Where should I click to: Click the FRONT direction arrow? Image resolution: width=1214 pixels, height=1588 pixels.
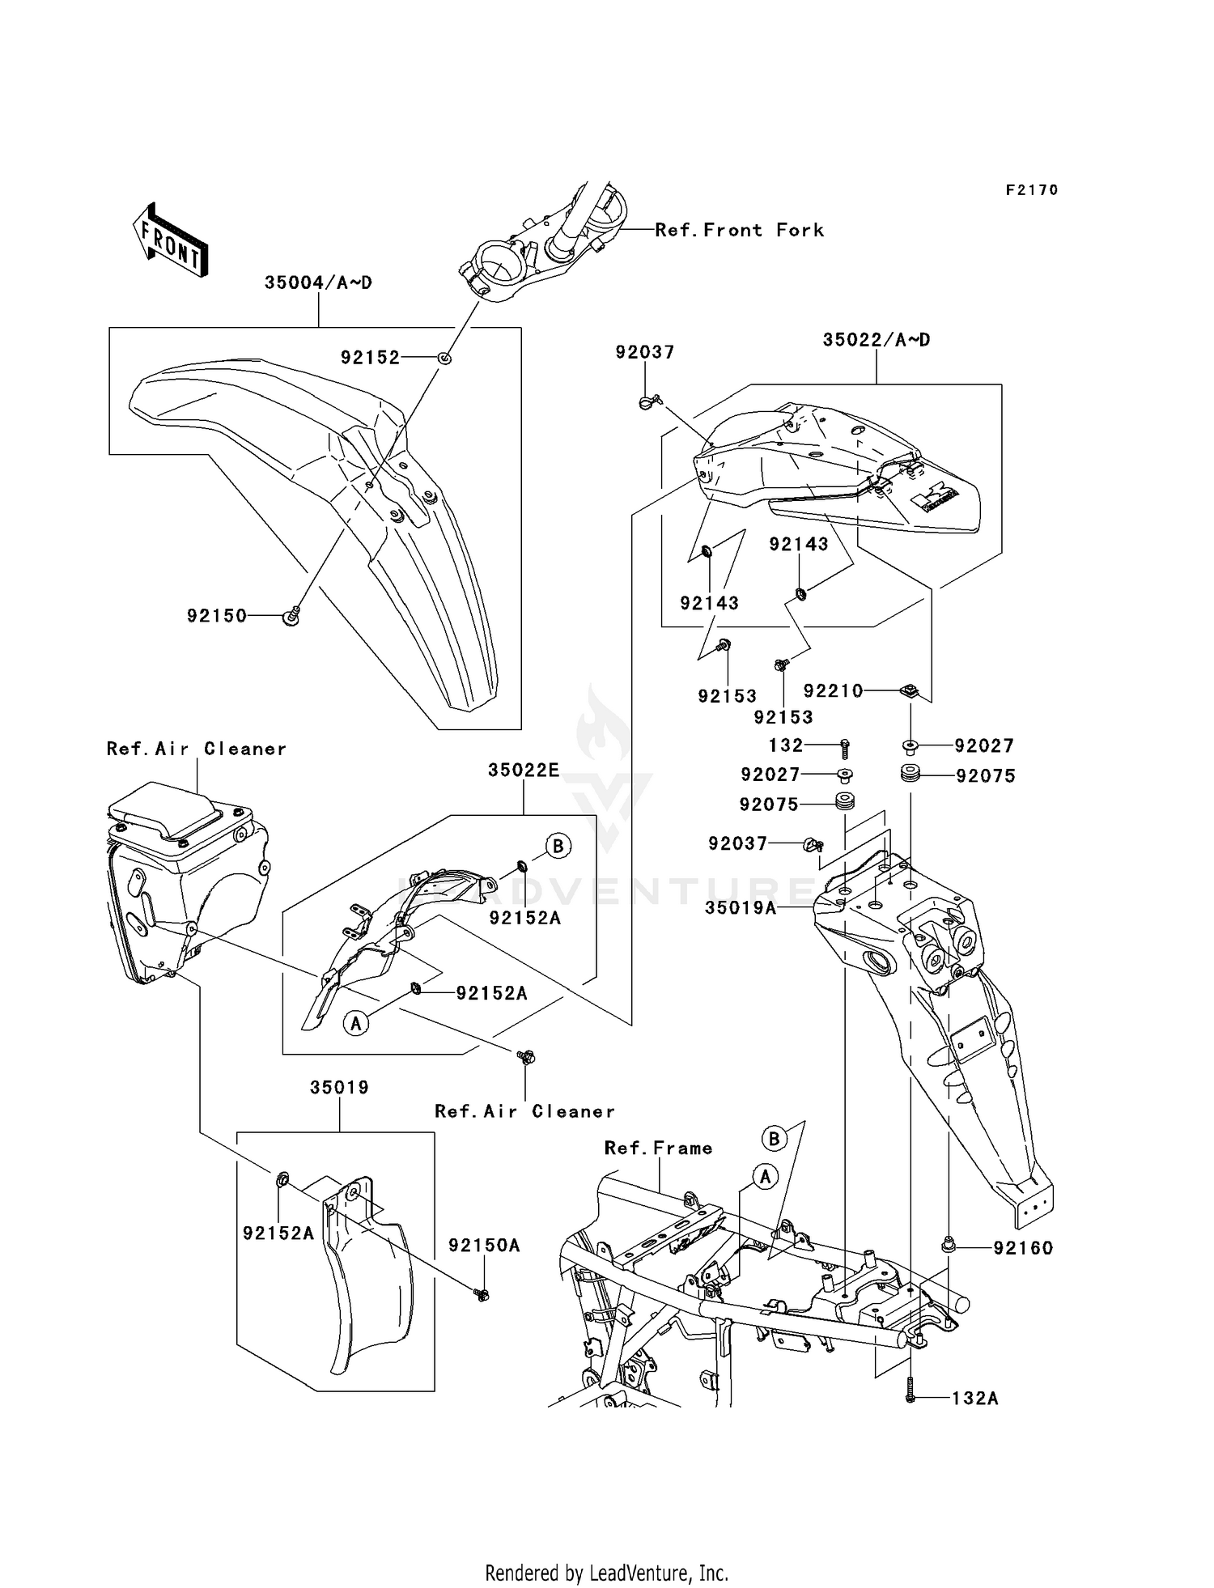pos(171,240)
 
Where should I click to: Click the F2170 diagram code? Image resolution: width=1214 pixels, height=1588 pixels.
pos(1031,190)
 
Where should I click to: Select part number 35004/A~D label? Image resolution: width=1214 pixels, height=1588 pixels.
pos(318,283)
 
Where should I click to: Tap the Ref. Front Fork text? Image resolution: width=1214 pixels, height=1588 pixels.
pos(739,231)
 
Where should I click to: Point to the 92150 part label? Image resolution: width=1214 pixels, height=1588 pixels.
pos(216,616)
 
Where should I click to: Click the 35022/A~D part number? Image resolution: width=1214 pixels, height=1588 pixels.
pos(877,340)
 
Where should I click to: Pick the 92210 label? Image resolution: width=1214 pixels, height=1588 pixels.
pos(833,691)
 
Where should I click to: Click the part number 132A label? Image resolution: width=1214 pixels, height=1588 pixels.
pos(974,1399)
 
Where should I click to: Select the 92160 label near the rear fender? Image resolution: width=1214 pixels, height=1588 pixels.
pos(1023,1249)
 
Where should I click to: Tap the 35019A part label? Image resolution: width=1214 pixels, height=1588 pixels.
pos(740,908)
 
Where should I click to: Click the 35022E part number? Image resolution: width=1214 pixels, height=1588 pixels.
pos(523,771)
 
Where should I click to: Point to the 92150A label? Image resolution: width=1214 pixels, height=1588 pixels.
pos(484,1246)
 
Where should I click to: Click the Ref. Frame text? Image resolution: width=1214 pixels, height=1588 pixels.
pos(658,1149)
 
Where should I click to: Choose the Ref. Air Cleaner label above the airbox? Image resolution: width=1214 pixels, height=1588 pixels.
pos(197,749)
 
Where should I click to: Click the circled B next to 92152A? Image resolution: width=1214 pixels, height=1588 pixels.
pos(558,847)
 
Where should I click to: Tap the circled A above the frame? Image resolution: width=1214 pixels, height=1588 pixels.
pos(766,1177)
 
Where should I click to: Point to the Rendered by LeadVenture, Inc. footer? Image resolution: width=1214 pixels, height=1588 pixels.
pos(606,1573)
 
